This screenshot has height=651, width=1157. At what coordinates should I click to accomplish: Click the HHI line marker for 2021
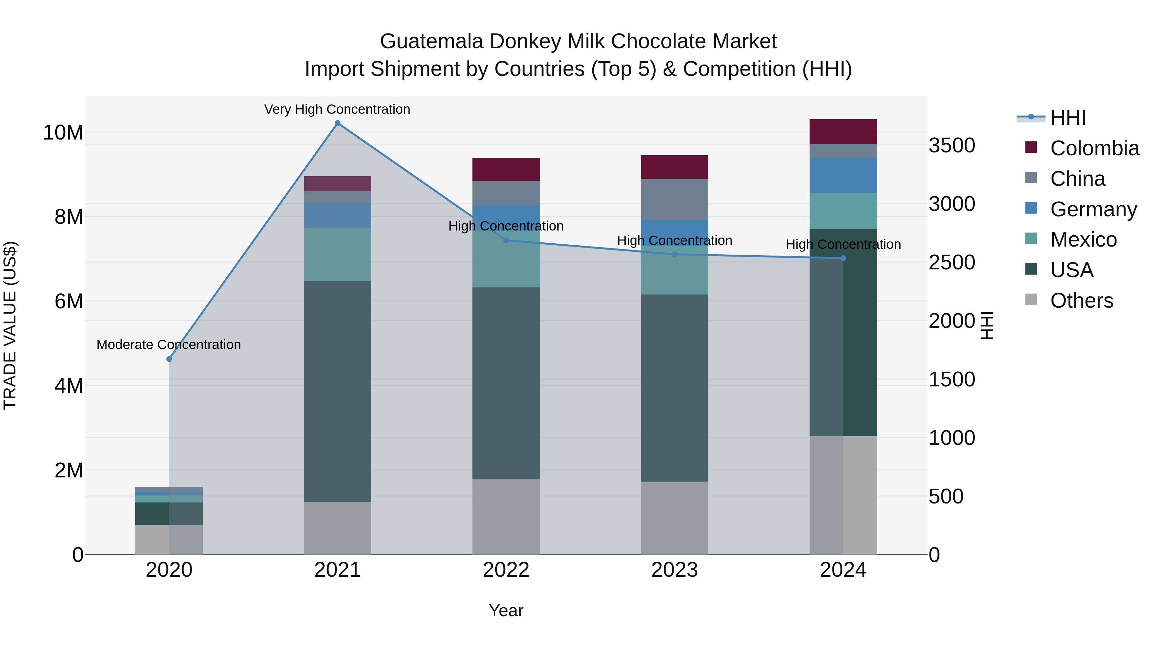click(337, 123)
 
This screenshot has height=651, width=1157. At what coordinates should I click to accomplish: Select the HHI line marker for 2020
click(169, 359)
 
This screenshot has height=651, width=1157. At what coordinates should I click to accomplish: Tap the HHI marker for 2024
click(843, 258)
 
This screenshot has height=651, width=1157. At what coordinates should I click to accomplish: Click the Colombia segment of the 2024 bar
click(843, 131)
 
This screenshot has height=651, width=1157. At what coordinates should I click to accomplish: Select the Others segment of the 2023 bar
click(674, 518)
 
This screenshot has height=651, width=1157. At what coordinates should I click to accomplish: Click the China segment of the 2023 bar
click(674, 199)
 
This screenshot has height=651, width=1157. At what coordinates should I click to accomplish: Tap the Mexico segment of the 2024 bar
click(843, 211)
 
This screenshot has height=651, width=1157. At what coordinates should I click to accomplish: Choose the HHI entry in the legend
click(1068, 118)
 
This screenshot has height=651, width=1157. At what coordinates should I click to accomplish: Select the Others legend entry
click(1081, 301)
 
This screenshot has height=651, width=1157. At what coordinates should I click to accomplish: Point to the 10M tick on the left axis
click(63, 132)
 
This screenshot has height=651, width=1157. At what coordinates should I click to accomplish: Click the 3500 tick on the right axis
click(952, 146)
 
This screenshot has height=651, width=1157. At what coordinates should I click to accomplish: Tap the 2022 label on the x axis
click(506, 570)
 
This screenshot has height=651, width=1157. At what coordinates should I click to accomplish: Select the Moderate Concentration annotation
click(168, 345)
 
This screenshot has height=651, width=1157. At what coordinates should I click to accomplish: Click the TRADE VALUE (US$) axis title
click(10, 325)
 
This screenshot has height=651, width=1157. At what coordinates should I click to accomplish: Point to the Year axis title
click(506, 610)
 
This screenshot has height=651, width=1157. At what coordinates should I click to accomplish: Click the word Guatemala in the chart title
click(432, 41)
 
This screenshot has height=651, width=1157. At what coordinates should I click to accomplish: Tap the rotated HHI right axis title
click(987, 325)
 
